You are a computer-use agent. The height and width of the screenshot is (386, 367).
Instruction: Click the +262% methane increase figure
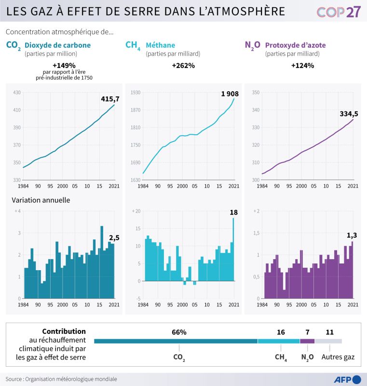click(x=183, y=65)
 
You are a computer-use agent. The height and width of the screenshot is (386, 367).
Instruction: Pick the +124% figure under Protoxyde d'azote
click(x=302, y=65)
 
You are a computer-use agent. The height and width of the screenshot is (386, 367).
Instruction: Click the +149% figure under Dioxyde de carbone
click(x=64, y=65)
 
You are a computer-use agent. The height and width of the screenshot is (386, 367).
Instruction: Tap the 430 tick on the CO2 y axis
click(x=17, y=92)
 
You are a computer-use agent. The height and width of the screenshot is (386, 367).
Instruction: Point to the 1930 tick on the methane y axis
click(x=136, y=92)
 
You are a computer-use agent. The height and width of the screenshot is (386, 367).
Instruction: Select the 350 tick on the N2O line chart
click(x=256, y=92)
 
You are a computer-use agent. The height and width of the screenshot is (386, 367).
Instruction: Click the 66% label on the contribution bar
click(x=179, y=332)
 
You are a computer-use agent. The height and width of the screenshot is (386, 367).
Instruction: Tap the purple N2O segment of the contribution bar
click(x=307, y=341)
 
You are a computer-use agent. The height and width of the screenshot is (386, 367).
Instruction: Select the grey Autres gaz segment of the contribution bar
click(x=328, y=341)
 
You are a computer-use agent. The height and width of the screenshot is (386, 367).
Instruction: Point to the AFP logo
click(x=348, y=379)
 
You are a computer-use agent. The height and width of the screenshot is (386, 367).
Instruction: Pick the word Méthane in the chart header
click(x=160, y=45)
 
